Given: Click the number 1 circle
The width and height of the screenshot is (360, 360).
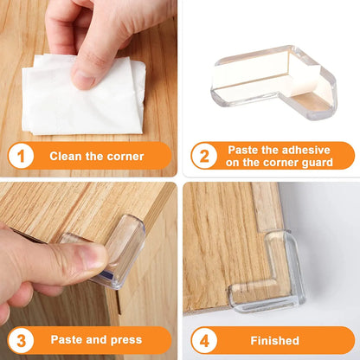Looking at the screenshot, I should point(21,156).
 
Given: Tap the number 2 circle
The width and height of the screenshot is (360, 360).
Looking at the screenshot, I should point(203,156).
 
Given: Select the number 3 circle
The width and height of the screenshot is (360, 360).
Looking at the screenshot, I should point(21,339).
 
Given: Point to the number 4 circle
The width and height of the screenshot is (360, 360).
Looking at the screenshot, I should point(203,339).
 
